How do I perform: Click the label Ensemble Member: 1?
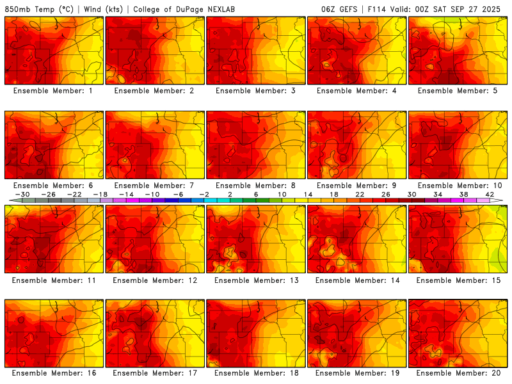(x=54, y=91)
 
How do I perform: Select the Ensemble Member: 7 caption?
(x=155, y=186)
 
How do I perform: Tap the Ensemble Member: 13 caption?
(x=256, y=280)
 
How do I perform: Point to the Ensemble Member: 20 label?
(x=458, y=373)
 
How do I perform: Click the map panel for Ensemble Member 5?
(x=458, y=51)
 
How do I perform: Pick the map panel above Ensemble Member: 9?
(x=357, y=145)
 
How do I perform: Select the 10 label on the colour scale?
(x=282, y=195)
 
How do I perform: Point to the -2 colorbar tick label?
(x=205, y=195)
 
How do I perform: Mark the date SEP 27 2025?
(x=479, y=9)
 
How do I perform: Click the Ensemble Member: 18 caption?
(x=256, y=373)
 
